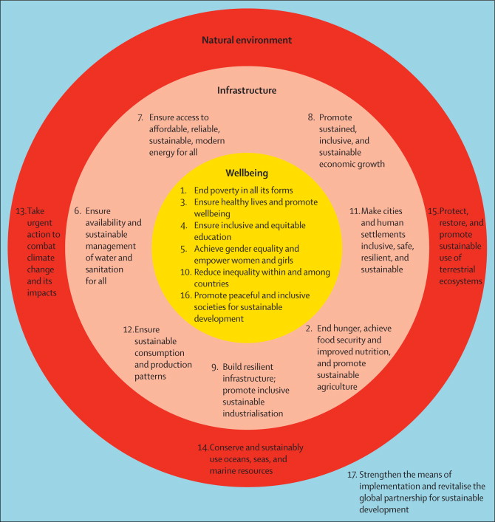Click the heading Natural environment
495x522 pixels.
[x=247, y=39]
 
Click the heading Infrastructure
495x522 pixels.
[x=247, y=90]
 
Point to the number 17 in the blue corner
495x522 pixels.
[x=352, y=474]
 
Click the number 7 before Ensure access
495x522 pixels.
[x=140, y=117]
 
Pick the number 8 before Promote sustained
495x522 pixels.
[x=311, y=117]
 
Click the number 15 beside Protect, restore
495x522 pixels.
[x=432, y=211]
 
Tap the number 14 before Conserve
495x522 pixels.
[x=203, y=448]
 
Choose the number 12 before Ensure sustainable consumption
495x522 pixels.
[x=128, y=330]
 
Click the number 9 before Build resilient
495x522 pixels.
[x=214, y=367]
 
